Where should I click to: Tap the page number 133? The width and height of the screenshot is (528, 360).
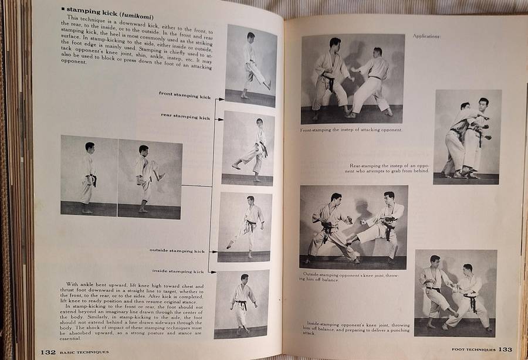pyautogui.click(x=506, y=349)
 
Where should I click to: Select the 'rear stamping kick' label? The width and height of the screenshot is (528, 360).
pyautogui.click(x=185, y=117)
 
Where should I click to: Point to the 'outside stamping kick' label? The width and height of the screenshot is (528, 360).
pyautogui.click(x=177, y=250)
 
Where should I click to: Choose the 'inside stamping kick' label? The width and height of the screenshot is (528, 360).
pyautogui.click(x=180, y=271)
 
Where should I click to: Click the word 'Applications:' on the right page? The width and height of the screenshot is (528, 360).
pyautogui.click(x=427, y=36)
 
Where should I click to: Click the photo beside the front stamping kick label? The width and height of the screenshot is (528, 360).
pyautogui.click(x=251, y=65)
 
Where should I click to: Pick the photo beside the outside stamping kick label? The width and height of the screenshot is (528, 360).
pyautogui.click(x=245, y=226)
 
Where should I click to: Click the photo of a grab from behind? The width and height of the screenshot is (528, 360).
pyautogui.click(x=467, y=137)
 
